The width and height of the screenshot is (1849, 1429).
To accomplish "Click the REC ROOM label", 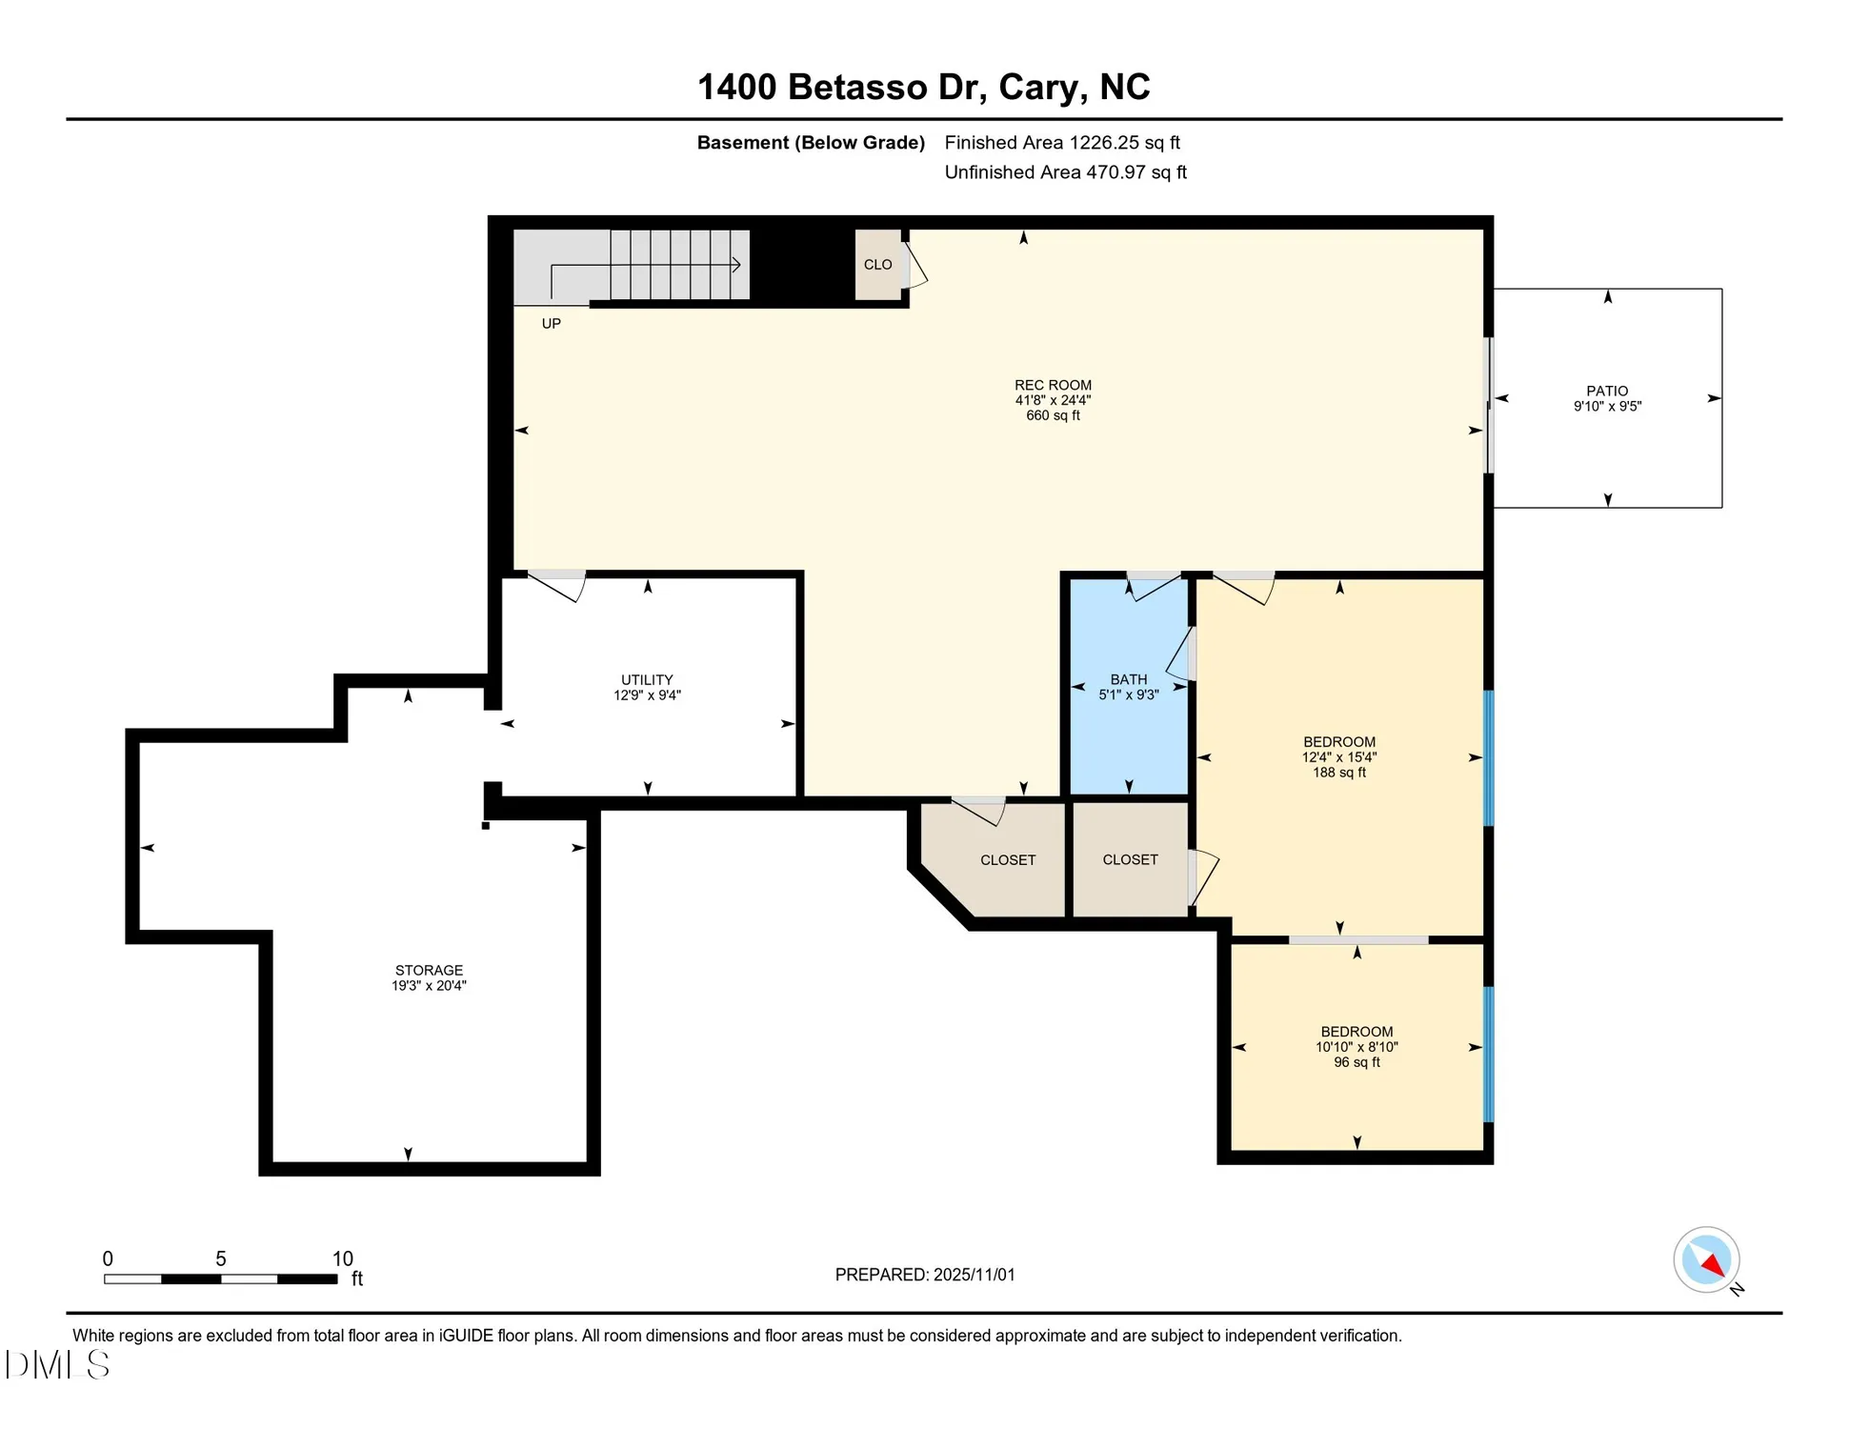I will [x=1053, y=386].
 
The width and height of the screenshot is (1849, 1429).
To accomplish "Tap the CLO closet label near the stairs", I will [x=877, y=265].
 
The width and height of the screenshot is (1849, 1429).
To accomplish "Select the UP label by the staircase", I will [x=551, y=324].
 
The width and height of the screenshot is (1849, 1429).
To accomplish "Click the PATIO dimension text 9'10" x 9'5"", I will [x=1607, y=407].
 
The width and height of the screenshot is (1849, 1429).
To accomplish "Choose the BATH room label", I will [x=1128, y=679].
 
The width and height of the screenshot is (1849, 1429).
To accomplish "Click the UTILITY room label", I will [x=647, y=679].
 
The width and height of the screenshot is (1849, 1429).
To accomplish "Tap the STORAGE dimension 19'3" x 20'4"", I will [x=429, y=986].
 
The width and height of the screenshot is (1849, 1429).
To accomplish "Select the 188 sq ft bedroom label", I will [x=1338, y=742].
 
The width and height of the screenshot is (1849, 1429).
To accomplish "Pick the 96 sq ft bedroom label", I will [x=1357, y=1032].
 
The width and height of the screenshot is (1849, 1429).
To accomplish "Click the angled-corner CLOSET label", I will [x=1007, y=860].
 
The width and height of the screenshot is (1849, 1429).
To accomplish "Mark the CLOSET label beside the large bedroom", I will [x=1130, y=859].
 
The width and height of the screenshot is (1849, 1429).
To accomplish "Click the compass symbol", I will [x=1706, y=1259].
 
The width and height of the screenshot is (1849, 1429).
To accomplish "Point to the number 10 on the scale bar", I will [x=342, y=1258].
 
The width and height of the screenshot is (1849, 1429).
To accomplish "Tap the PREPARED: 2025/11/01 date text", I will [x=924, y=1275].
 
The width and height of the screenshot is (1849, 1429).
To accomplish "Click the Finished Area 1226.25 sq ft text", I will [x=1061, y=143].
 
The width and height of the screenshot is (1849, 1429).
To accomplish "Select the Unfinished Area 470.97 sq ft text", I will [x=1064, y=172].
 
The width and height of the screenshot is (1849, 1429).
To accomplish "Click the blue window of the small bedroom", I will [x=1488, y=1054].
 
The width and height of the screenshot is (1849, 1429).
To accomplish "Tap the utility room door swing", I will [x=557, y=586].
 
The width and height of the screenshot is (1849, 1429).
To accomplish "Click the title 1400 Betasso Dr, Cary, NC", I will [x=923, y=87].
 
